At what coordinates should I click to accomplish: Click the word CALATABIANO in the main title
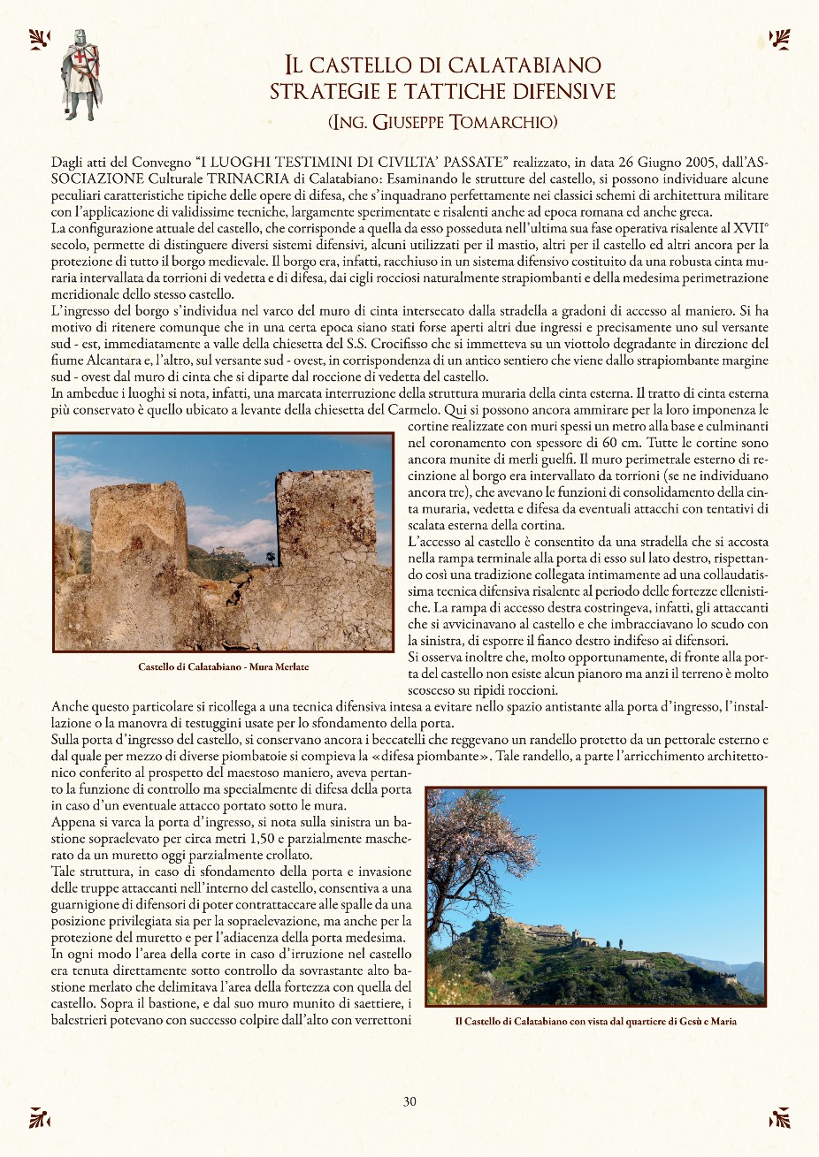point(524,65)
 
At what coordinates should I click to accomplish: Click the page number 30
point(409,1101)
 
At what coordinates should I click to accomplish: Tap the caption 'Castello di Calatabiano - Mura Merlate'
point(223,666)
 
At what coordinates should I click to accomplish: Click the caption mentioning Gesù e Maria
point(595,1021)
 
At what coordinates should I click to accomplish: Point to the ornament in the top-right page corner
point(779,39)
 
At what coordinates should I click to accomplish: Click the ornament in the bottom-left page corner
point(39,1117)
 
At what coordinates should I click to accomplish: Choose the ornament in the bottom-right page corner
point(779,1117)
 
